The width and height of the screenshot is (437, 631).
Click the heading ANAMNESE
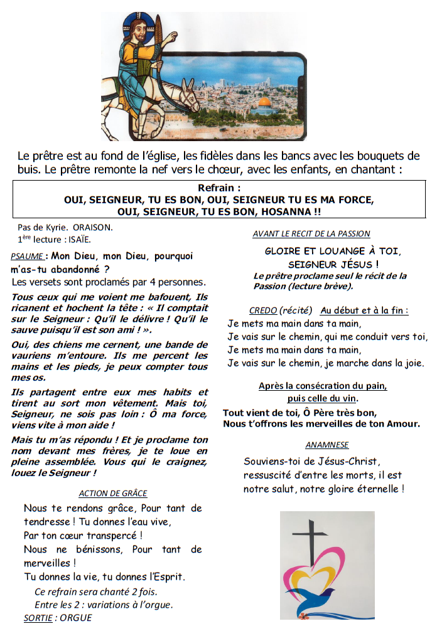pos(327,445)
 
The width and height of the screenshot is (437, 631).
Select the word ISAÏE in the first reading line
pos(80,238)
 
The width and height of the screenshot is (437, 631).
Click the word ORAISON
pos(92,228)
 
